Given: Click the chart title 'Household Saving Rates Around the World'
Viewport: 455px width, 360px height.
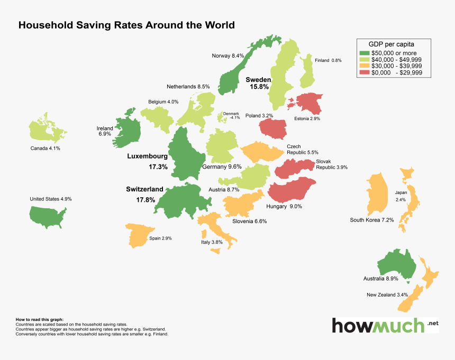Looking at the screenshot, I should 126,25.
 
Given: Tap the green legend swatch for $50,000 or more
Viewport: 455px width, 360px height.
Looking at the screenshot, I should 364,53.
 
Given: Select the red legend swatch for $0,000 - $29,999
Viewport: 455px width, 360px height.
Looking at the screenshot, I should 364,72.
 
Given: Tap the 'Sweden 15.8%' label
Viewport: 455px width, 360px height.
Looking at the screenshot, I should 258,82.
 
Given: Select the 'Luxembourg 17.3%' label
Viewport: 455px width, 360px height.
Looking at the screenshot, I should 148,161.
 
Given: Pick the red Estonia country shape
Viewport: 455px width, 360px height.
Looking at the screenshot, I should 309,103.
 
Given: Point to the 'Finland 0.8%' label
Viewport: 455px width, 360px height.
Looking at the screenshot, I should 328,61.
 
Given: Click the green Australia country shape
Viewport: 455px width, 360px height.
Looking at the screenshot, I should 397,263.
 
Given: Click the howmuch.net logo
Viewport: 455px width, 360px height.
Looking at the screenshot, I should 385,325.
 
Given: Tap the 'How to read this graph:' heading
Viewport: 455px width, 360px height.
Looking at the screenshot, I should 40,320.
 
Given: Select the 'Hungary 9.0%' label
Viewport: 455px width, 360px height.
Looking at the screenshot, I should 285,207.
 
